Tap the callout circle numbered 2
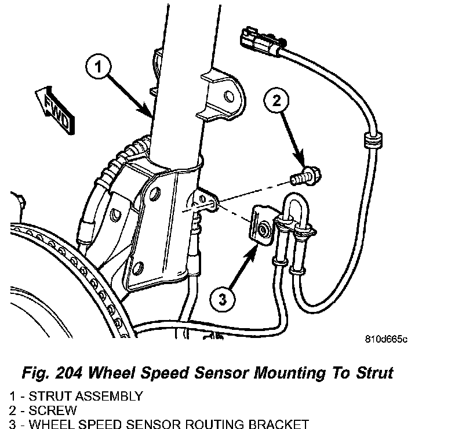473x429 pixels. (x=277, y=101)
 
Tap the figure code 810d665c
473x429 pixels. (x=386, y=339)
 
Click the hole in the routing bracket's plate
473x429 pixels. (x=264, y=229)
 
